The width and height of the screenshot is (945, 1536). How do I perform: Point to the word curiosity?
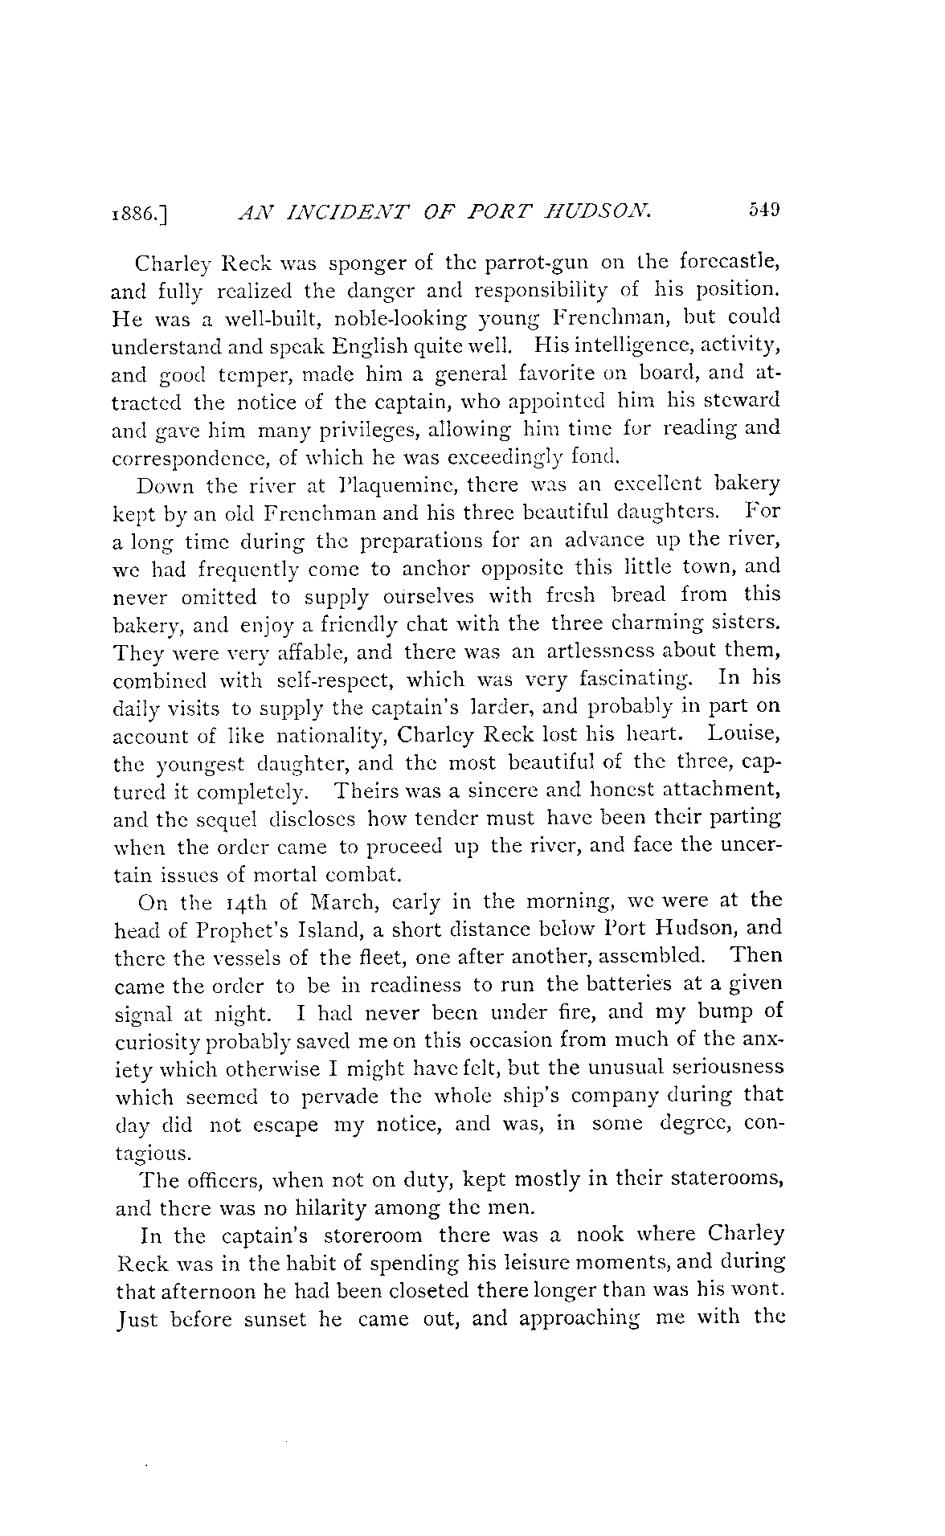tap(160, 1040)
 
